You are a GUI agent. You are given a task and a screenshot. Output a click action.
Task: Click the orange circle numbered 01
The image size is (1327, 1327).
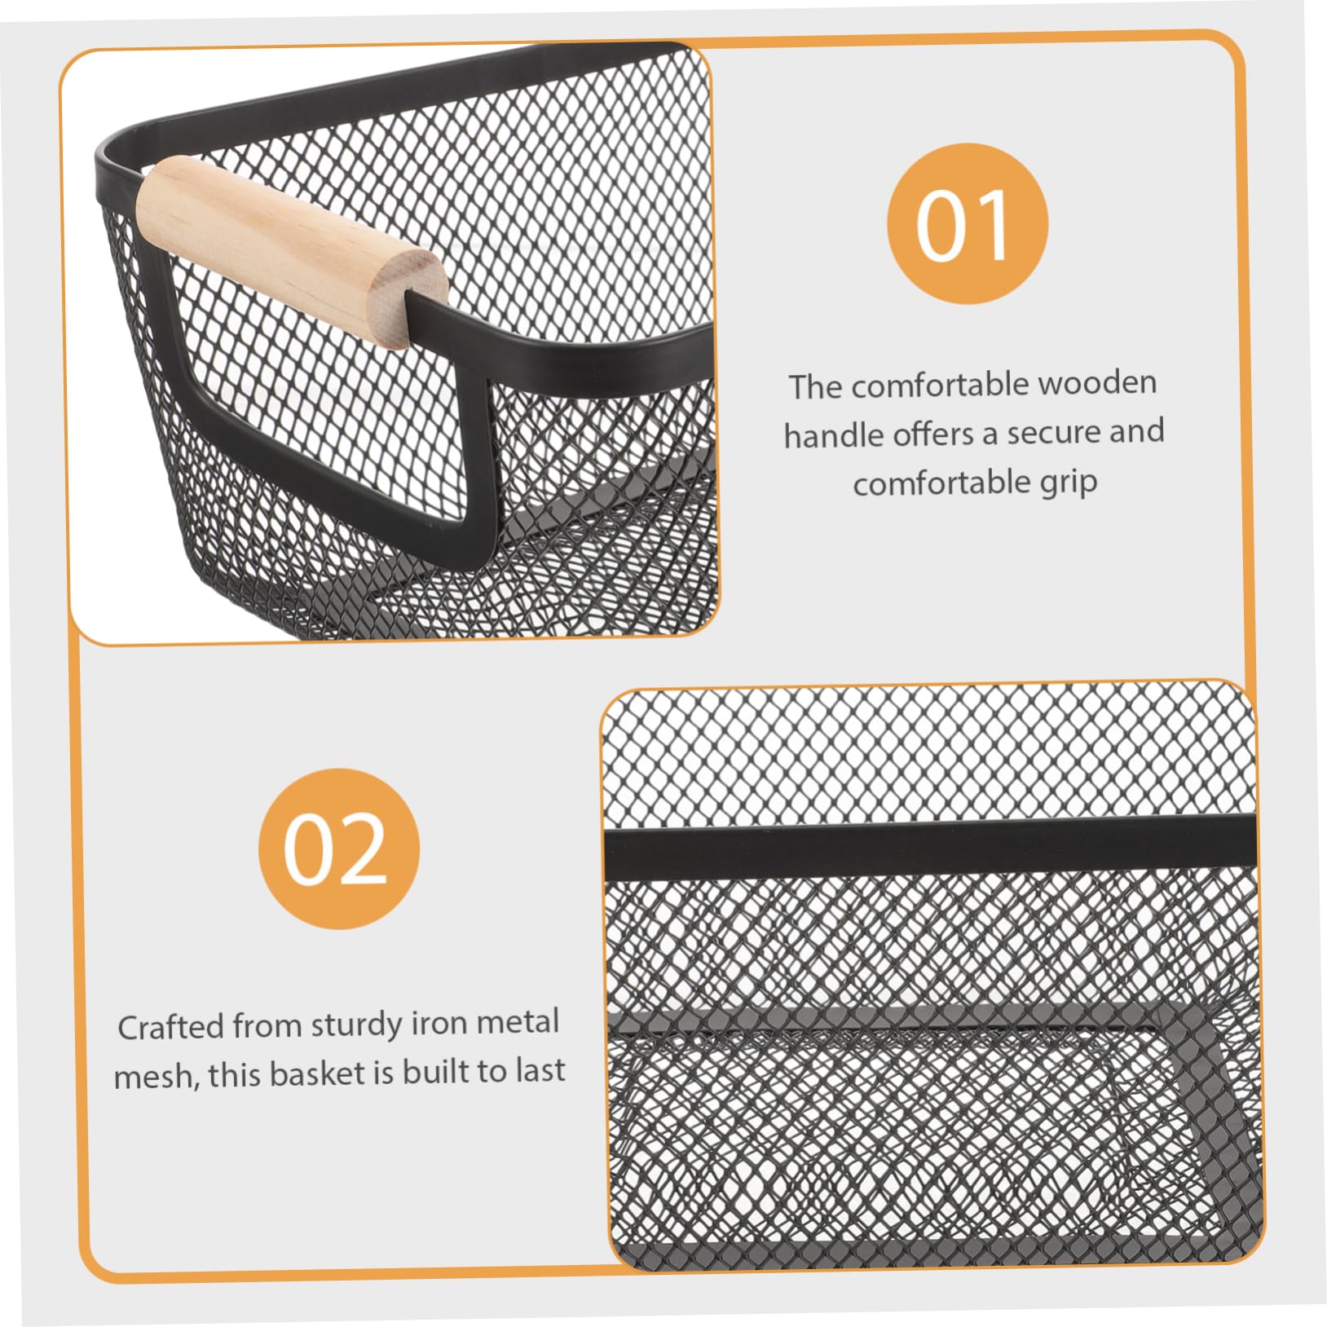(967, 224)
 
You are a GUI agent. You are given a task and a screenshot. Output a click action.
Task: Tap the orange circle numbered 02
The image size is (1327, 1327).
(338, 849)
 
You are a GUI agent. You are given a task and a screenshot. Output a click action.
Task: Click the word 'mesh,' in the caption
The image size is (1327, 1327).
(156, 1076)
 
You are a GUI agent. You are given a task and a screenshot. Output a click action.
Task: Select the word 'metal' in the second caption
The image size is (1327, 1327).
(518, 1022)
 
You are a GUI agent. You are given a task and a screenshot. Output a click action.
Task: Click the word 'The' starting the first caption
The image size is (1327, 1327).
(815, 386)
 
